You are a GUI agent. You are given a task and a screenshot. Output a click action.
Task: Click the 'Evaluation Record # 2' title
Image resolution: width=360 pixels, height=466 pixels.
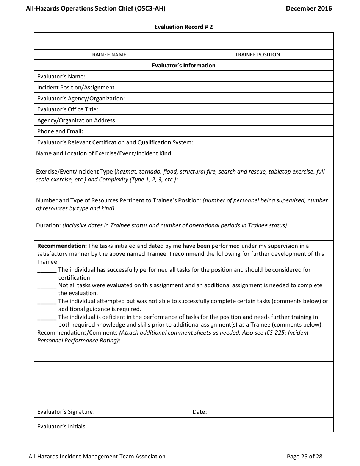point(183,27)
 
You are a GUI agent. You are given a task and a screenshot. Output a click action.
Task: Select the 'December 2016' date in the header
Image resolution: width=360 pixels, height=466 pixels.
point(309,8)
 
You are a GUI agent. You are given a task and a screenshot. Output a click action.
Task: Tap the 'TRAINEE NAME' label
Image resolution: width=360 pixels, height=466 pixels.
point(108,55)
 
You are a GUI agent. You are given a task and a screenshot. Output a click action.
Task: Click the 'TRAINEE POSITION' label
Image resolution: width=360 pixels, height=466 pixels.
point(257,55)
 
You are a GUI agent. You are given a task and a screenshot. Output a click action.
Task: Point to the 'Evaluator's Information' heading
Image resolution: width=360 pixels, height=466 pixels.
point(183,66)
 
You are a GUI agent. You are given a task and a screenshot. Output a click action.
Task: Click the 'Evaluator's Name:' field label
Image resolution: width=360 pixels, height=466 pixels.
point(61,77)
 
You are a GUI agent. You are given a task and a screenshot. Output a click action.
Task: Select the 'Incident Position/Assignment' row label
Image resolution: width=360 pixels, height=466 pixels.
point(76,88)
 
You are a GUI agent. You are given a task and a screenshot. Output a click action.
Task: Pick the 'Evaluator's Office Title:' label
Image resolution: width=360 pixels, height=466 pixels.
point(67,109)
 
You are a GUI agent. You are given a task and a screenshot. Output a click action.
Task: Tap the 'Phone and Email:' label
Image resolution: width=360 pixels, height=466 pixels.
point(60,131)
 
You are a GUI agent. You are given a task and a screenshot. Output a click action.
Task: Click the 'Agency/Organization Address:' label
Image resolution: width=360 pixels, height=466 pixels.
point(77,120)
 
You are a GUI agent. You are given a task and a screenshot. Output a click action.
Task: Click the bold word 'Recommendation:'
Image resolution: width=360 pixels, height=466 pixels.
point(62,246)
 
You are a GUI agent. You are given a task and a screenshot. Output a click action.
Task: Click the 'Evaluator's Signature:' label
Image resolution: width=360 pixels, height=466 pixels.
point(66,412)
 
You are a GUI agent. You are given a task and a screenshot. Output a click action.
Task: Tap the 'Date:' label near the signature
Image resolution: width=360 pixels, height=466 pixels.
point(200,412)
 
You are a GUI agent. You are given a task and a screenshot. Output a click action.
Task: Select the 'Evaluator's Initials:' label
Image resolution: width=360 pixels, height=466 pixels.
point(62,427)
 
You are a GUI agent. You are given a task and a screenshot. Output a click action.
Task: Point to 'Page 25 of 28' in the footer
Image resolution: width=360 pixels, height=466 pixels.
point(305,457)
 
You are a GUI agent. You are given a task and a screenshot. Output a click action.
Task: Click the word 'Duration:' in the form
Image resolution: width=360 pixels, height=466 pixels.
point(49,225)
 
